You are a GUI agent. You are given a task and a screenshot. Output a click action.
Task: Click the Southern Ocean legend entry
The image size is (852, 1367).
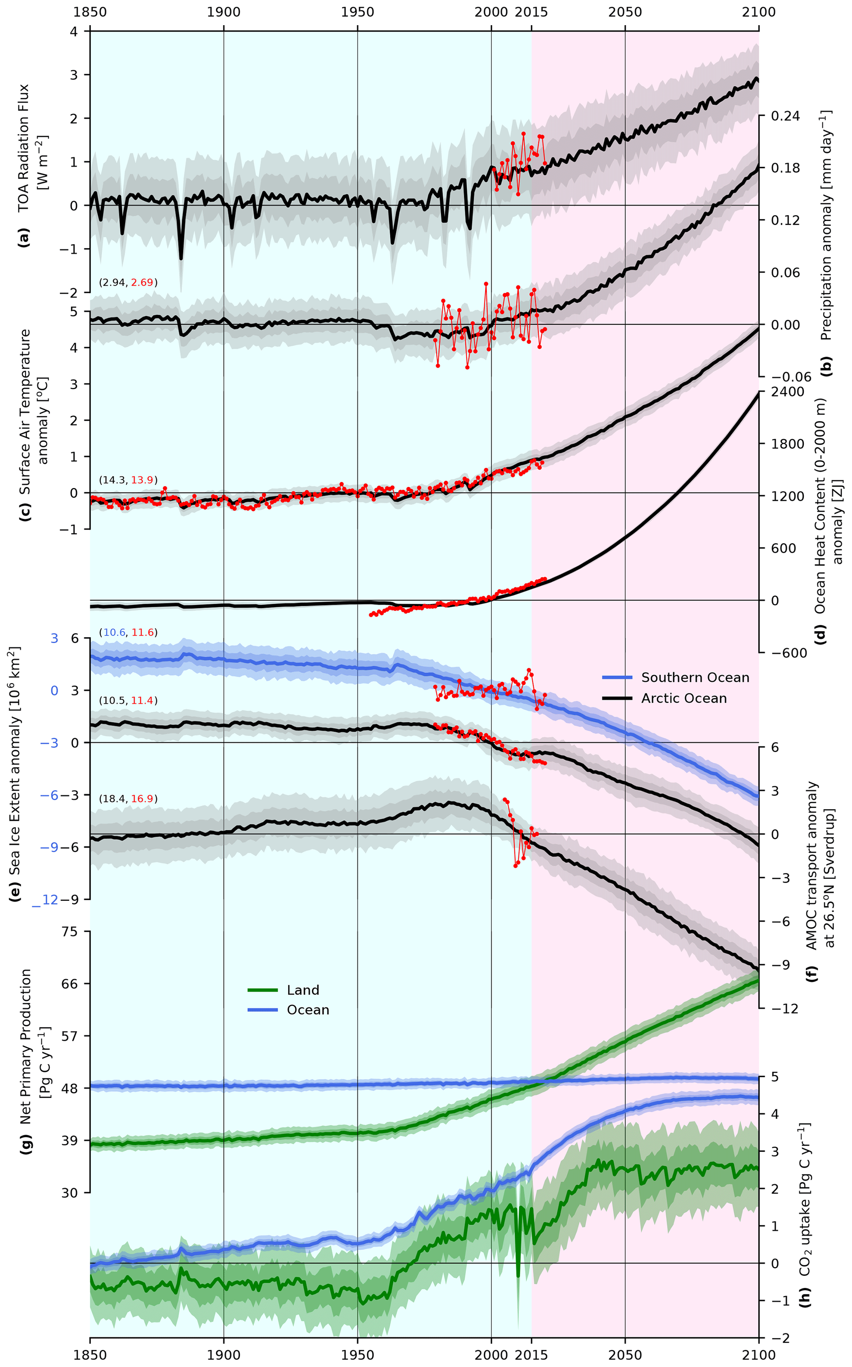coord(695,677)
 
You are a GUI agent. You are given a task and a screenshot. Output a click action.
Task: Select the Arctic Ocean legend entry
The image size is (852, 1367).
coord(683,698)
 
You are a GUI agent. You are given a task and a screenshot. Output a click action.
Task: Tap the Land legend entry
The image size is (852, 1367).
coord(303,990)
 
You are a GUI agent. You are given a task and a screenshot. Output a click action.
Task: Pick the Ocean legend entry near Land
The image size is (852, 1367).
coord(307,1010)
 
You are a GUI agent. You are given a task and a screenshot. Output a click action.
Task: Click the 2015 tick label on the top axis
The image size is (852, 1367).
coord(531,12)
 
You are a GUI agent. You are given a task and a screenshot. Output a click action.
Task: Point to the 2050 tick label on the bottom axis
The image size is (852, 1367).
coord(625,1355)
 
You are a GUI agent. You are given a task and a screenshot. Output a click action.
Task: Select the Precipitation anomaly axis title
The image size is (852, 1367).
coord(826,225)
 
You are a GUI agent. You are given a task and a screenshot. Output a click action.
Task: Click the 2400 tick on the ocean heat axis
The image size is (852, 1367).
coord(787,392)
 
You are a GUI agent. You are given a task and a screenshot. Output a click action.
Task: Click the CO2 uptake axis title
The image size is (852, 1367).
coord(805,1200)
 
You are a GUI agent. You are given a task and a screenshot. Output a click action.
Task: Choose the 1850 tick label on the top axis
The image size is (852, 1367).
coord(90,12)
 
